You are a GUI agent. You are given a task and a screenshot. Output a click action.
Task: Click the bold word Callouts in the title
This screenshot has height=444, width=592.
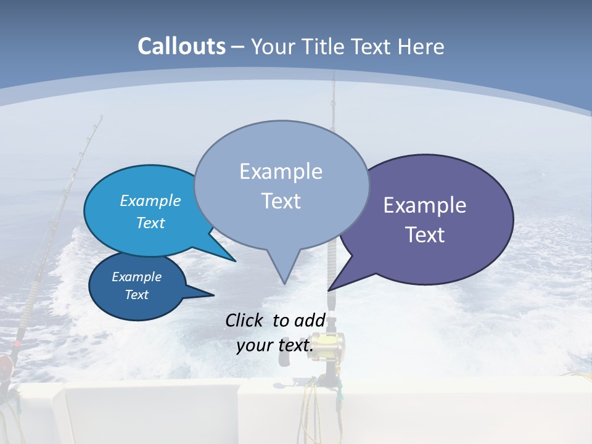pyautogui.click(x=182, y=46)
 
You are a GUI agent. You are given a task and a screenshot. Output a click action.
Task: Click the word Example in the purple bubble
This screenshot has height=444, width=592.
pyautogui.click(x=425, y=205)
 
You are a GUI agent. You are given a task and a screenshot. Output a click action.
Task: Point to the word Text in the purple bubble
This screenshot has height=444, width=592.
pyautogui.click(x=425, y=235)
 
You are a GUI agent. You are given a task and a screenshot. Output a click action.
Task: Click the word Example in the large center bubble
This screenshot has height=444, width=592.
pyautogui.click(x=281, y=171)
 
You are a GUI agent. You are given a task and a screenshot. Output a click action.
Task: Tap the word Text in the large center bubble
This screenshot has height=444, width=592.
pyautogui.click(x=281, y=201)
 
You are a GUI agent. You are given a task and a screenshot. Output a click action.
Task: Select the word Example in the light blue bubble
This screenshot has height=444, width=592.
pyautogui.click(x=150, y=200)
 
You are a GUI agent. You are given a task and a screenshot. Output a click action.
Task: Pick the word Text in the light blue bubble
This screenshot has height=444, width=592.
pyautogui.click(x=150, y=223)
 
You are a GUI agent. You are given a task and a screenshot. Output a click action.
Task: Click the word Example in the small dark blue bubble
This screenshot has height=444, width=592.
pyautogui.click(x=137, y=277)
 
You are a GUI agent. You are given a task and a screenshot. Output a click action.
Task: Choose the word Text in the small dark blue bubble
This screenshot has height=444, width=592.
pyautogui.click(x=137, y=295)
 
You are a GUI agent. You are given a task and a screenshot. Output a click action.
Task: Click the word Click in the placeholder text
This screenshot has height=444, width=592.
pyautogui.click(x=244, y=321)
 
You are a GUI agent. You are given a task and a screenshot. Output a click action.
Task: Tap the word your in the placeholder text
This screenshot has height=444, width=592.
pyautogui.click(x=254, y=345)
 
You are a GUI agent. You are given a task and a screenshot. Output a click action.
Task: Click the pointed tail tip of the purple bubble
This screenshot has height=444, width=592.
pyautogui.click(x=329, y=290)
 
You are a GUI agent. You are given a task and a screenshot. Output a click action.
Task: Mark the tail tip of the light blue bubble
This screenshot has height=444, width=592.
pyautogui.click(x=235, y=261)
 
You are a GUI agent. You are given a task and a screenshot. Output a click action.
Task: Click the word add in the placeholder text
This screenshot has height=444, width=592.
pyautogui.click(x=310, y=321)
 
